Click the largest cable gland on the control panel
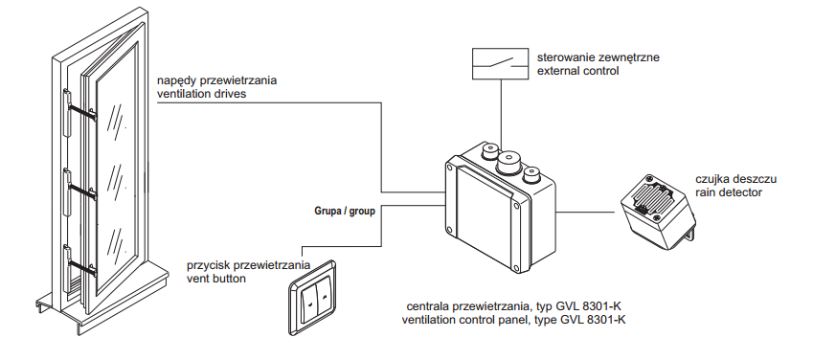(x=509, y=161)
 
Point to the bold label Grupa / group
(x=345, y=212)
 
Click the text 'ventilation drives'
(x=202, y=95)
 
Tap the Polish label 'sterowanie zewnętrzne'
(x=598, y=57)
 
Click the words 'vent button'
(x=215, y=279)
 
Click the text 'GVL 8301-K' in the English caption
(x=593, y=320)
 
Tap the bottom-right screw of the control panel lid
(x=515, y=268)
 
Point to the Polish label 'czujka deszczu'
(x=735, y=179)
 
